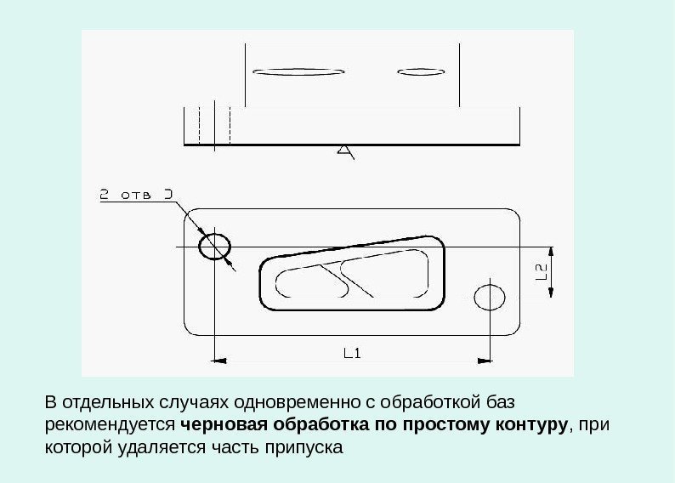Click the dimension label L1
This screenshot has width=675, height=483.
pyautogui.click(x=352, y=351)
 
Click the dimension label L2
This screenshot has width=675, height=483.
pyautogui.click(x=541, y=272)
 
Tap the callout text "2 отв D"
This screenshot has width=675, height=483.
pyautogui.click(x=136, y=195)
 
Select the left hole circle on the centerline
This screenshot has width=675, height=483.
pyautogui.click(x=214, y=247)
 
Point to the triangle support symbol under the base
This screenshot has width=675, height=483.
pyautogui.click(x=344, y=151)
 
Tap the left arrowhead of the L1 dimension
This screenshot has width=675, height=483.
pyautogui.click(x=218, y=361)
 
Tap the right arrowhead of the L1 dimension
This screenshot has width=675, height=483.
pyautogui.click(x=485, y=361)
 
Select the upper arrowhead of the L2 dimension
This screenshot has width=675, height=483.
pyautogui.click(x=552, y=253)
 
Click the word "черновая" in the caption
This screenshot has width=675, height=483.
pyautogui.click(x=219, y=423)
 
